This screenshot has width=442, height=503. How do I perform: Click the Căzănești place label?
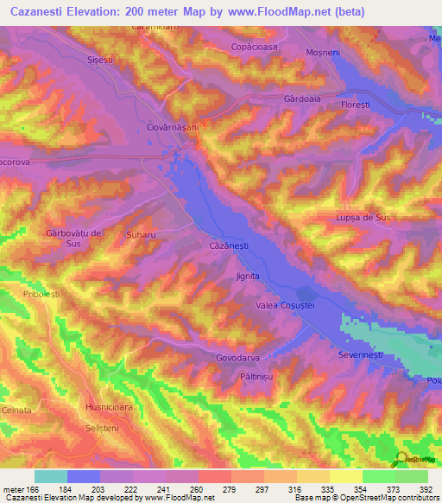[229, 246]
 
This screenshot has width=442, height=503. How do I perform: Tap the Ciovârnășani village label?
[173, 127]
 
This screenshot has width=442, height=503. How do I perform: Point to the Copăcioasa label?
[256, 48]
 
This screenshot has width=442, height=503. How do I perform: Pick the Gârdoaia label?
[302, 99]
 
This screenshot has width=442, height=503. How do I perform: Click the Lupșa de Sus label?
[363, 219]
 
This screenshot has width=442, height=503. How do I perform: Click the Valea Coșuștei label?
[286, 304]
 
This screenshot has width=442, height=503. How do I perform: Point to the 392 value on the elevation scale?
[425, 489]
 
